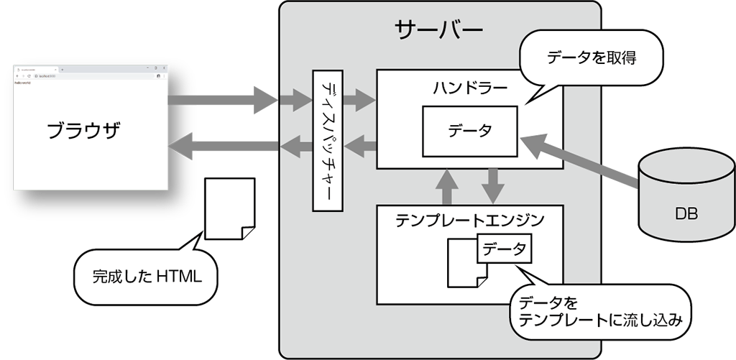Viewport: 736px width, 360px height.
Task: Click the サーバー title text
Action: [438, 29]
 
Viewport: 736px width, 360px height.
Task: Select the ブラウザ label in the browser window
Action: [83, 131]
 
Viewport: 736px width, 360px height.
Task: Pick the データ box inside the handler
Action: [469, 131]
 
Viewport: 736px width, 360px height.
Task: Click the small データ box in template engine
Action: [503, 249]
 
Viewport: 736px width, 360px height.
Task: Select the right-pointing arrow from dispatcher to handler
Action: [361, 98]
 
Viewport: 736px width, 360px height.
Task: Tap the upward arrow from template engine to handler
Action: [446, 186]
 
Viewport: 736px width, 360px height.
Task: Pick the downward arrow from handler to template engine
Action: [493, 186]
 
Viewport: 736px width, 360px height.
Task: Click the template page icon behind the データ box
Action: [460, 264]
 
